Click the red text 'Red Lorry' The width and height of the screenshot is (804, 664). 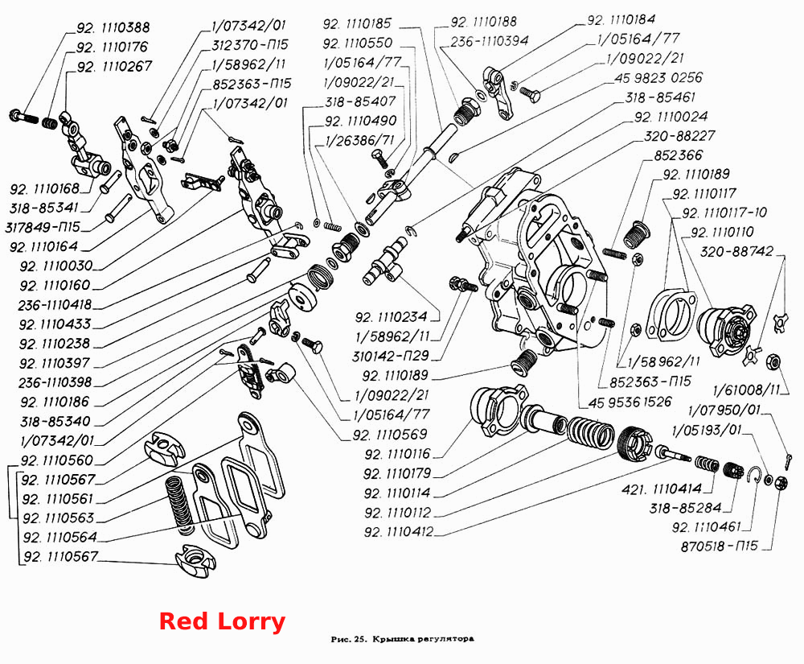(x=222, y=621)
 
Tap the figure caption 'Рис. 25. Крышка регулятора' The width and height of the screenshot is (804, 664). (x=403, y=639)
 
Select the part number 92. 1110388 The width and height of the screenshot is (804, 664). (x=113, y=27)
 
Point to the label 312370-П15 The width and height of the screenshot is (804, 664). (x=250, y=44)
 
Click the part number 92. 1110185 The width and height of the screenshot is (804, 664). (x=358, y=23)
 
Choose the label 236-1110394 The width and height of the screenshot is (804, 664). (x=489, y=41)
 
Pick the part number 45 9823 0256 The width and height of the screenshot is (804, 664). (x=658, y=78)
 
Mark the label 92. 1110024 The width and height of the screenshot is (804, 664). (x=671, y=117)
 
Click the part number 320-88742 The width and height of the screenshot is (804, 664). (x=736, y=251)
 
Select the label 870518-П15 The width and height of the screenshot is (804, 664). (x=720, y=546)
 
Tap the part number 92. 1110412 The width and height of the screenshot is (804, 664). (x=399, y=532)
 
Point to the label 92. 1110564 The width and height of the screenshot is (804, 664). (x=60, y=538)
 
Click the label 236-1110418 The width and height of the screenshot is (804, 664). (x=55, y=305)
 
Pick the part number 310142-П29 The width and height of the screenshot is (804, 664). (x=390, y=356)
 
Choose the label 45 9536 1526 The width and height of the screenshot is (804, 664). (x=630, y=402)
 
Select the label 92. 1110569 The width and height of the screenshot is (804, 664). (x=390, y=435)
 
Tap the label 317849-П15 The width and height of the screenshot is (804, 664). (x=43, y=227)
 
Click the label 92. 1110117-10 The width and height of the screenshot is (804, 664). (x=724, y=212)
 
